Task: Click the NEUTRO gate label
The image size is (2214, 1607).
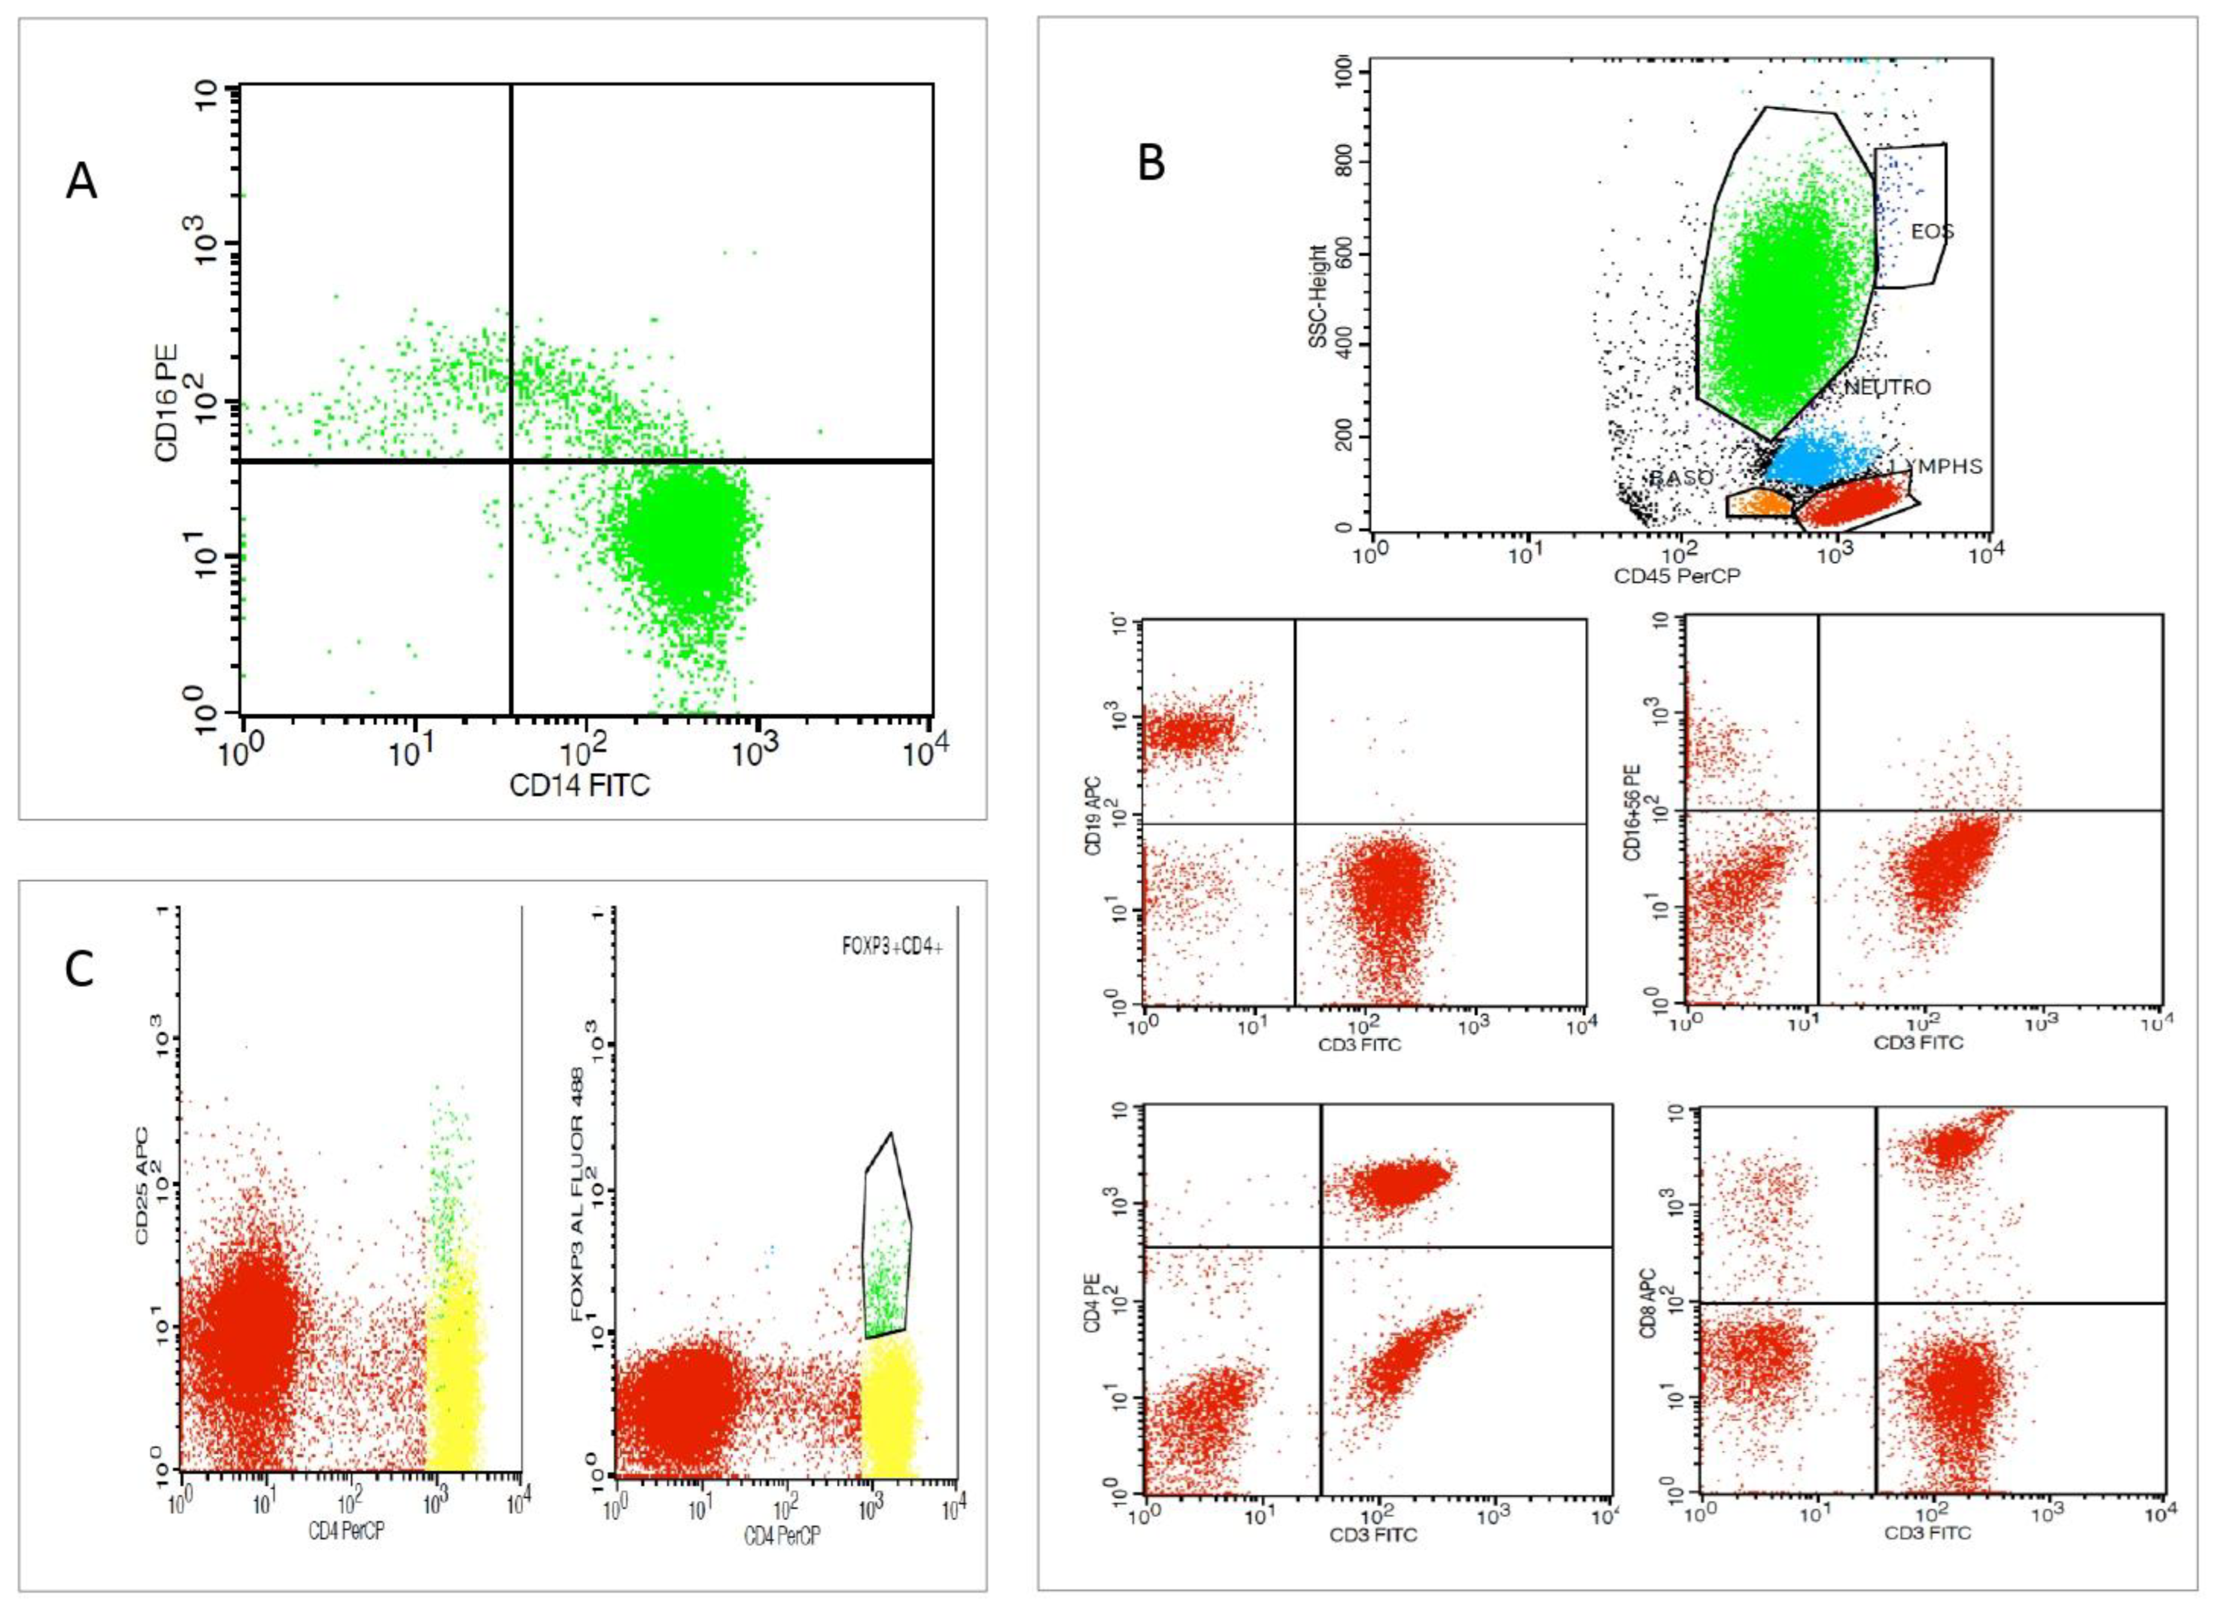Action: pos(1886,387)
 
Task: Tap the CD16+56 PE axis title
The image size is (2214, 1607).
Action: pos(1632,812)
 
